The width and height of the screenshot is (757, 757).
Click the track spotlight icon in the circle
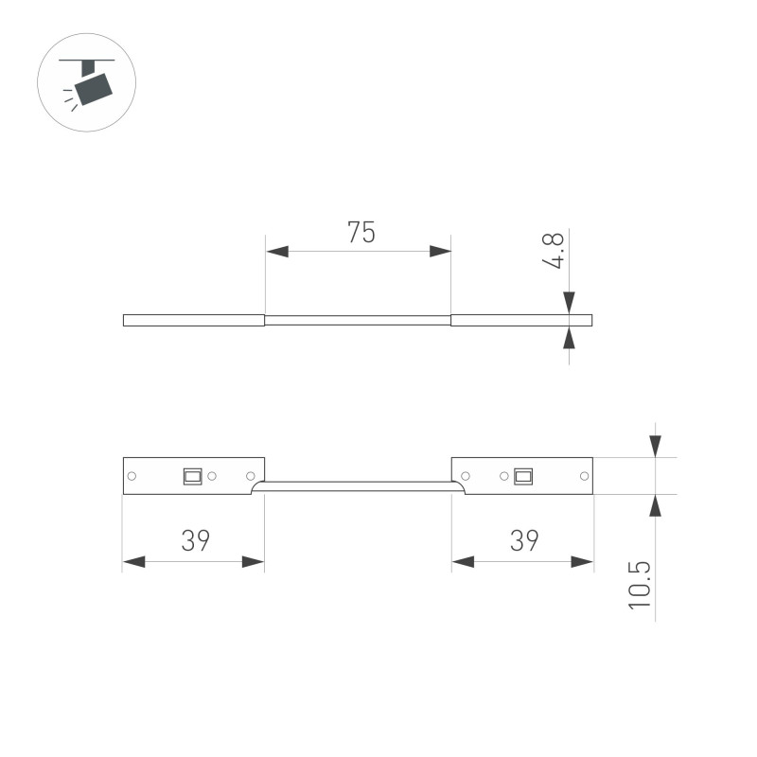coord(87,82)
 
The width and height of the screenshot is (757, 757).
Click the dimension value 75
coord(360,233)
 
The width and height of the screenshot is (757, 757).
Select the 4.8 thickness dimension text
coord(555,252)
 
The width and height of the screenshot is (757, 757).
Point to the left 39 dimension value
coord(194,541)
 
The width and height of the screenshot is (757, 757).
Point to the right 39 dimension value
coord(523,541)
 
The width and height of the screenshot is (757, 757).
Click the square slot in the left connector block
coord(192,476)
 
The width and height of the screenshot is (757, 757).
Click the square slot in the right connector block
coord(521,476)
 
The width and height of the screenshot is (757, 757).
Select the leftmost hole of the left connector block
coord(132,476)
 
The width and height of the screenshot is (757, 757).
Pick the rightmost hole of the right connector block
coord(581,476)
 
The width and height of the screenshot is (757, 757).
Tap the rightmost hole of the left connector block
coord(251,476)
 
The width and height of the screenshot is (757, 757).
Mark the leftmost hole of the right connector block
coord(465,476)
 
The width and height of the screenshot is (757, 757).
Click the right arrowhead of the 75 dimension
coord(440,252)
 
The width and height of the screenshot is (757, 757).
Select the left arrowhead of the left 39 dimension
coord(133,562)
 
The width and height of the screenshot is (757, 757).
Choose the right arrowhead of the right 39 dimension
coord(582,562)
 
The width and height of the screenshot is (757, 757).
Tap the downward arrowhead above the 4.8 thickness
coord(569,303)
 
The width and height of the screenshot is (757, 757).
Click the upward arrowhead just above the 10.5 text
coord(655,504)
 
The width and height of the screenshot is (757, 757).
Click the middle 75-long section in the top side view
coord(358,320)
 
